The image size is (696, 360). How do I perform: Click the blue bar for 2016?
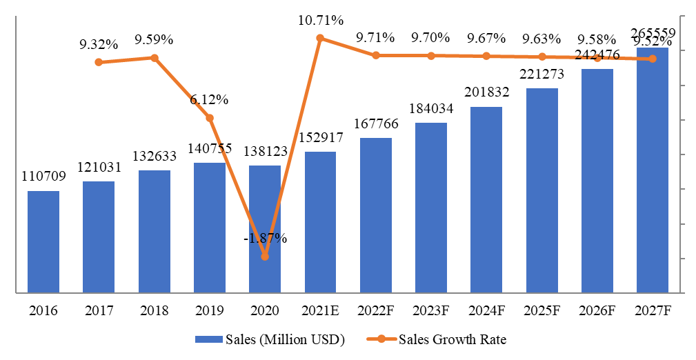[43, 241]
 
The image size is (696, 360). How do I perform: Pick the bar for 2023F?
[430, 208]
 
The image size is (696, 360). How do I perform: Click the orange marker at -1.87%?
[265, 257]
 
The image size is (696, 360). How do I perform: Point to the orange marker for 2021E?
[320, 38]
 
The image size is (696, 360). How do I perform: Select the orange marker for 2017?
[99, 62]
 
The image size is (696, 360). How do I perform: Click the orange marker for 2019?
[210, 118]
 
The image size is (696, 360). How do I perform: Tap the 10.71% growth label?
[321, 20]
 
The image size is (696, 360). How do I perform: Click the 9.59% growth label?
[154, 40]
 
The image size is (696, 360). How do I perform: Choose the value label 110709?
[43, 177]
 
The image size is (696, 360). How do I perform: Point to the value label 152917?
[320, 138]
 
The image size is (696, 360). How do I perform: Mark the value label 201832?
[486, 93]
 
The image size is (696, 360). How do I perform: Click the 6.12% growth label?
[210, 99]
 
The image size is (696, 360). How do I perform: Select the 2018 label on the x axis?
[154, 311]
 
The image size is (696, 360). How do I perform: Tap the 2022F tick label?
[375, 311]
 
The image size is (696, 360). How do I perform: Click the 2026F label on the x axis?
[597, 311]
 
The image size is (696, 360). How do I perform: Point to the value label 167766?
[375, 124]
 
